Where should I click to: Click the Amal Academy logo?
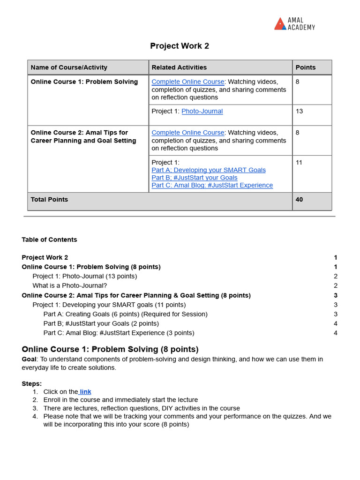294,24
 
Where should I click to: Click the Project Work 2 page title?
180,46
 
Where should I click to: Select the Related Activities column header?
179,67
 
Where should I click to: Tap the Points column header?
306,67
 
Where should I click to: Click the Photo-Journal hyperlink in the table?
202,111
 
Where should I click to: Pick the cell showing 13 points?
300,111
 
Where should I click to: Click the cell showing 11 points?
300,162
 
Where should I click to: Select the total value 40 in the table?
300,200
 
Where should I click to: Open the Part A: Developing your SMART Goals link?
209,170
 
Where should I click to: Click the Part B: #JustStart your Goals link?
195,178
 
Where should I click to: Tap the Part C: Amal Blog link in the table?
212,185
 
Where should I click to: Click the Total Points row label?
49,200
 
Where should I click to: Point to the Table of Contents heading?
49,240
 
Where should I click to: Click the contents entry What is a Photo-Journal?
69,285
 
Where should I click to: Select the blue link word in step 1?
85,392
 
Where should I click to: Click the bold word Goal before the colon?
29,359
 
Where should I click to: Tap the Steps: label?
31,383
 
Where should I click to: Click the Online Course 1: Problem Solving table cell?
84,82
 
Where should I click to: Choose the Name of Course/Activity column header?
69,67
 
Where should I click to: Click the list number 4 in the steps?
35,416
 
